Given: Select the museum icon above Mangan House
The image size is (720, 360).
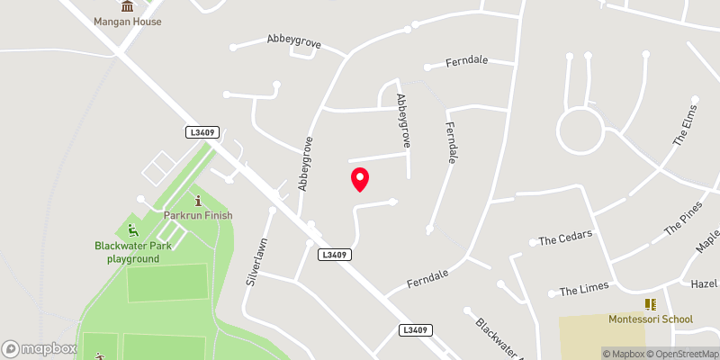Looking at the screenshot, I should point(127,5).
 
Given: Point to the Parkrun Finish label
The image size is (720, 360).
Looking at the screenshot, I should point(198,215).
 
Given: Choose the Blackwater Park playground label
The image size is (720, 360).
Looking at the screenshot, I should point(127,252).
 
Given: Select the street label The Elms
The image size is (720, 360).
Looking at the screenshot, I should point(685,130).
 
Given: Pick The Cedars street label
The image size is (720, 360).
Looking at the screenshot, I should point(565,239).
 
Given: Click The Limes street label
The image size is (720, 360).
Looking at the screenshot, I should point(584,289).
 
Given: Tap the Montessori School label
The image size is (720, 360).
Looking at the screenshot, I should point(651,319).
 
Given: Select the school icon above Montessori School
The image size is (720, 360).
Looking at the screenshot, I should point(651,304).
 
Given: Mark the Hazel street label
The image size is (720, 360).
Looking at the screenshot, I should point(705,283).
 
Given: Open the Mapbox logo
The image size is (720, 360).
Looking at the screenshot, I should point(40,348).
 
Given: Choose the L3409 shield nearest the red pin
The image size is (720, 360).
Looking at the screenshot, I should point(334,255).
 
